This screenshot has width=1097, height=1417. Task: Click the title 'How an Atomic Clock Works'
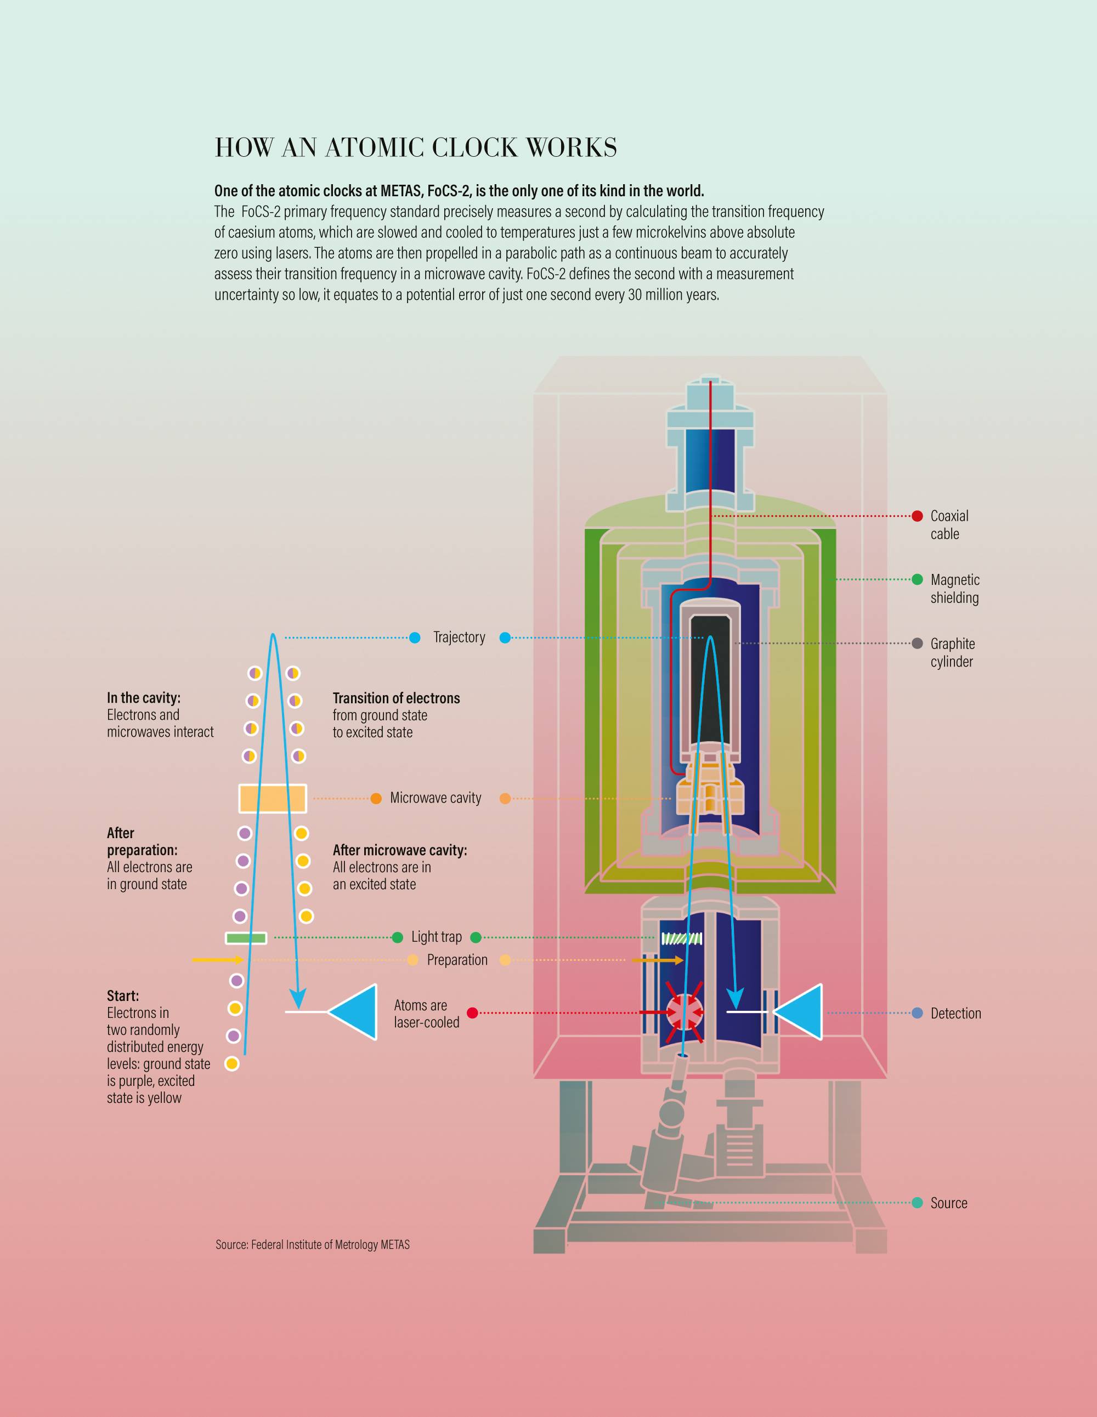click(415, 148)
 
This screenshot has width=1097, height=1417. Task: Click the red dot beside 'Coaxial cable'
click(917, 516)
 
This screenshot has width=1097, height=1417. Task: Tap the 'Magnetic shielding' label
click(954, 589)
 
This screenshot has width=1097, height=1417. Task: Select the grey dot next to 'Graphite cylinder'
click(917, 643)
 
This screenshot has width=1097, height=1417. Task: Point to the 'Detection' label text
click(955, 1014)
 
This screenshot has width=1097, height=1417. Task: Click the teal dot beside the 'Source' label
click(917, 1203)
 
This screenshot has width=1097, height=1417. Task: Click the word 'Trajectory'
click(459, 637)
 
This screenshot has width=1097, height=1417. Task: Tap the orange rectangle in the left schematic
click(273, 798)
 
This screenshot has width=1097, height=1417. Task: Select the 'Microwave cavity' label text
click(436, 798)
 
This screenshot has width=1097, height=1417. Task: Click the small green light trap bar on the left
click(246, 937)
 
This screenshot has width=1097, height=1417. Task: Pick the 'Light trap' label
click(436, 937)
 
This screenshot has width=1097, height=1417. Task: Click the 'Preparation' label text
click(457, 960)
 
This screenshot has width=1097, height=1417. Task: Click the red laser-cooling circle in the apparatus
click(684, 1011)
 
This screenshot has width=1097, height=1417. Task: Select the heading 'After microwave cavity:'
click(400, 850)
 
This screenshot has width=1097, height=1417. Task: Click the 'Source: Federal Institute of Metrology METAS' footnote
click(312, 1244)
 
